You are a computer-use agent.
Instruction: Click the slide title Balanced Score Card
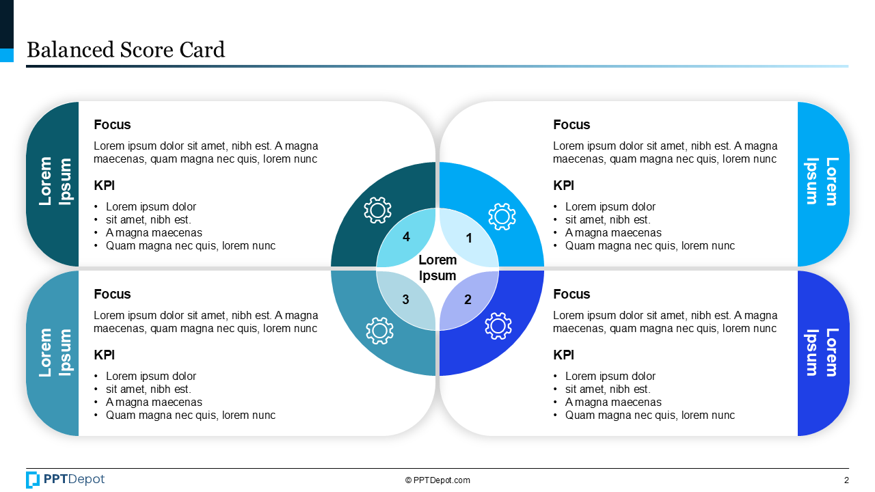click(x=125, y=50)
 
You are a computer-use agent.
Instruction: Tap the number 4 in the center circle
click(x=406, y=237)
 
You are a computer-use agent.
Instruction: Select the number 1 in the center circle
click(x=469, y=238)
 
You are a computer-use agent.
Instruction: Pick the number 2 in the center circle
click(x=468, y=299)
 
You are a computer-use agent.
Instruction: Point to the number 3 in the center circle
click(x=405, y=299)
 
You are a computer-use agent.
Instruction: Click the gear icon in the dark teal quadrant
click(x=377, y=210)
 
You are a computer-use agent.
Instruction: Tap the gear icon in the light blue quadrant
click(x=502, y=217)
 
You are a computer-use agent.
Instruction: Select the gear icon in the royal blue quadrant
click(x=498, y=326)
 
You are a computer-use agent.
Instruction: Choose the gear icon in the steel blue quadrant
click(x=379, y=330)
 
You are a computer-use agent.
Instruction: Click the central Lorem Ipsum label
click(x=437, y=268)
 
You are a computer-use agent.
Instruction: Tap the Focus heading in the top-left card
click(x=112, y=124)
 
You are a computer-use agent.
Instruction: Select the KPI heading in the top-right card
click(x=563, y=185)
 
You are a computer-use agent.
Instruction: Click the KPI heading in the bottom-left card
click(x=104, y=355)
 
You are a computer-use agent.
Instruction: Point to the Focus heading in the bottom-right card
click(x=571, y=294)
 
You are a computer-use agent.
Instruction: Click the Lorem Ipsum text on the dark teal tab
click(x=55, y=181)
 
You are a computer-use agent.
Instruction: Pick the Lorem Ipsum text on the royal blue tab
click(x=822, y=352)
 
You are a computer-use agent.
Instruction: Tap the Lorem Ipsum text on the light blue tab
click(x=822, y=181)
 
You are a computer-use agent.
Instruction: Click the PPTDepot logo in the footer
click(x=66, y=480)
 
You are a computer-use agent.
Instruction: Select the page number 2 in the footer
click(x=846, y=480)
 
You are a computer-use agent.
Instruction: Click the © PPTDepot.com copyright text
click(x=437, y=480)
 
